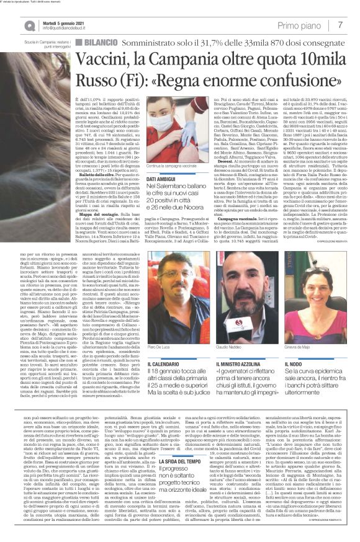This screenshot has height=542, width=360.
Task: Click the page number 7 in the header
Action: [341, 24]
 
